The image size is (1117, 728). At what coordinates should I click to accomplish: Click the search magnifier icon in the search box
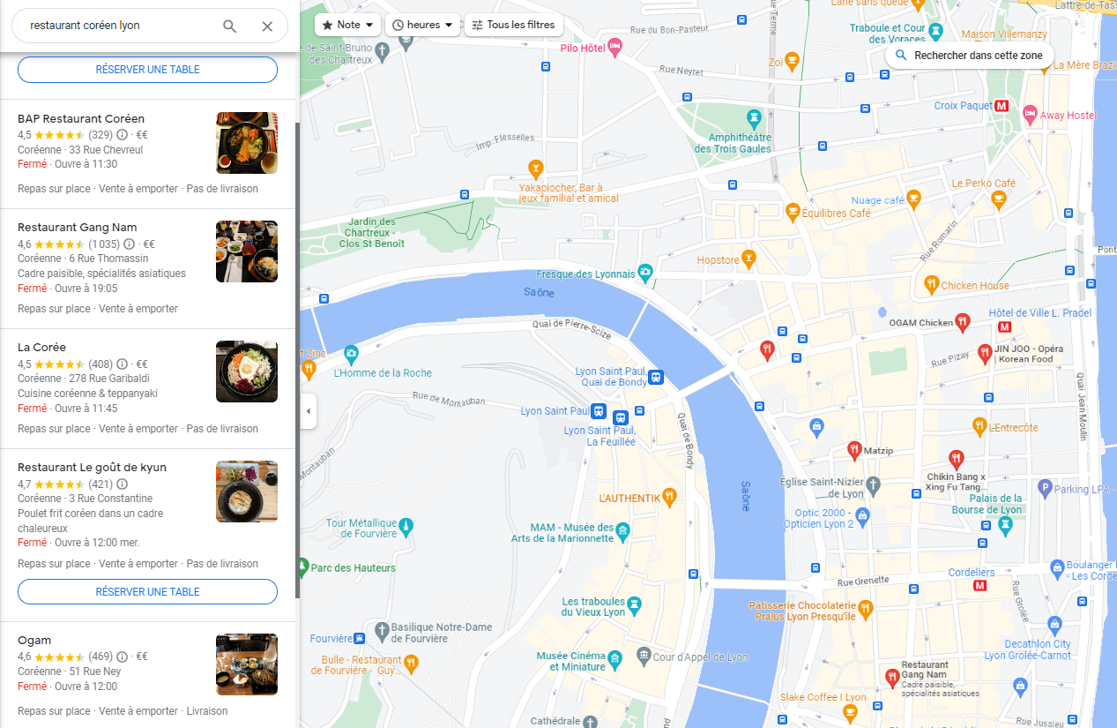point(229,26)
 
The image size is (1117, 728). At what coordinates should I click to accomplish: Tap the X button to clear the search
point(267,26)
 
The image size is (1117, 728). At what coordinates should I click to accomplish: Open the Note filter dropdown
point(347,25)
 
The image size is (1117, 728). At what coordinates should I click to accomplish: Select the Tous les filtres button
point(513,25)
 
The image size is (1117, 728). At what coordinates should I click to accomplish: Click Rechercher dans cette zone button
point(969,55)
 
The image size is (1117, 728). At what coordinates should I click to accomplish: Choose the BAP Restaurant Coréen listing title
point(81,118)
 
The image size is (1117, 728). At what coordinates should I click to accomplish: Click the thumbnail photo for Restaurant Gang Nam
point(247,251)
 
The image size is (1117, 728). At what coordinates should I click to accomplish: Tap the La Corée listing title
point(41,347)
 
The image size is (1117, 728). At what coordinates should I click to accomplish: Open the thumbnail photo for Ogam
point(247,664)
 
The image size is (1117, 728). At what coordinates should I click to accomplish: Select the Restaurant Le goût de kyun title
point(92,467)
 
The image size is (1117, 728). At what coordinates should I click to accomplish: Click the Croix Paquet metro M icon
point(1002,106)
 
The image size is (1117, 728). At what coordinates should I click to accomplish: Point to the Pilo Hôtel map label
point(584,48)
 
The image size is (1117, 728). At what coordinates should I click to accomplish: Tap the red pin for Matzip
point(853,450)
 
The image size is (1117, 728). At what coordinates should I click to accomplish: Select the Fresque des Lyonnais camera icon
point(645,272)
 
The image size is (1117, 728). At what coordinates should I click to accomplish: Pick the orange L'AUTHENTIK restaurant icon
point(669,497)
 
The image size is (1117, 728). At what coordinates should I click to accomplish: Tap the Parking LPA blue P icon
point(1045,487)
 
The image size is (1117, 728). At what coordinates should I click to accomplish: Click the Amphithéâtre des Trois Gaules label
point(733,143)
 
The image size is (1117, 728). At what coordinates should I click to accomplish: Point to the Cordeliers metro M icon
point(979,586)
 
